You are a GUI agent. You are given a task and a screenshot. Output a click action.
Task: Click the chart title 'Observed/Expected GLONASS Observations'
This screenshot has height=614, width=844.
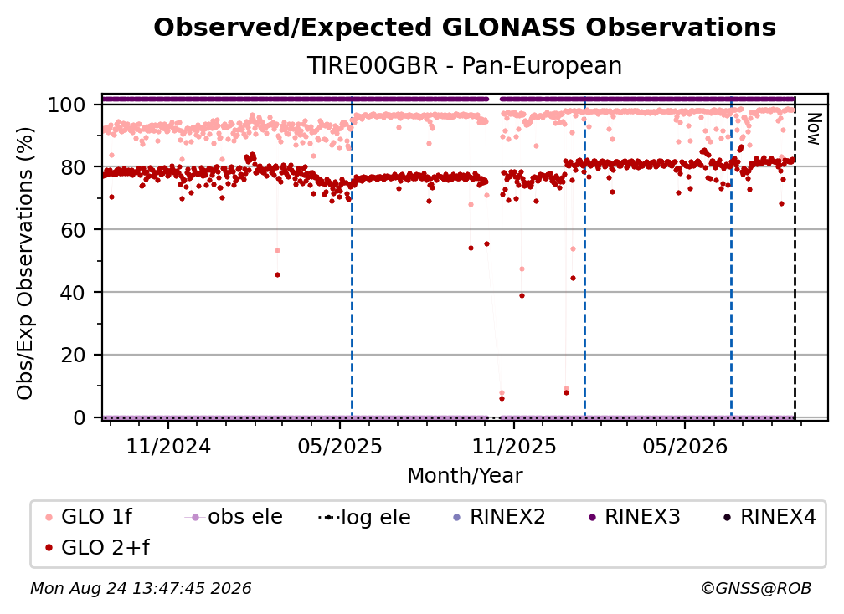coord(465,28)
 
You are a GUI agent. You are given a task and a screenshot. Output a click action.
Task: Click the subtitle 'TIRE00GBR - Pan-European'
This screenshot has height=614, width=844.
coord(465,65)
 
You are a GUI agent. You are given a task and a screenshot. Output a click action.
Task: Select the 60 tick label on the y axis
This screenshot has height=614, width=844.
coord(73,230)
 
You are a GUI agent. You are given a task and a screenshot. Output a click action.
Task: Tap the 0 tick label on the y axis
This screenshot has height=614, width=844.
coord(80,417)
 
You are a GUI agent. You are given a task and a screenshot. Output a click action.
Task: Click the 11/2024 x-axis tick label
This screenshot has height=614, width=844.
coord(168,447)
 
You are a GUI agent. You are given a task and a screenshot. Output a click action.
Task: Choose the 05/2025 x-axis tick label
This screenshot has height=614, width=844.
coord(340,447)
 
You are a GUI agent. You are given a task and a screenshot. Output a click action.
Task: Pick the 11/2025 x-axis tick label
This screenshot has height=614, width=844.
coord(514,447)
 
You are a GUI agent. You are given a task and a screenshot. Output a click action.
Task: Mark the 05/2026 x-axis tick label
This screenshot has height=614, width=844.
coord(685,447)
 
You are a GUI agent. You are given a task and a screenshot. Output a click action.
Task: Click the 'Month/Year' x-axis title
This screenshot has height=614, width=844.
coord(465,476)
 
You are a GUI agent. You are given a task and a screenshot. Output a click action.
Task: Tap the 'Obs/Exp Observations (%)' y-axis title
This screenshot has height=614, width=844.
coord(25,264)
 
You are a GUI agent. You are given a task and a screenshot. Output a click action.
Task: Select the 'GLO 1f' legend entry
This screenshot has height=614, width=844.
coord(88,517)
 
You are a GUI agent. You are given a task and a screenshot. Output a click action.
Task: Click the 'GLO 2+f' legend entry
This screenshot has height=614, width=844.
coord(97,548)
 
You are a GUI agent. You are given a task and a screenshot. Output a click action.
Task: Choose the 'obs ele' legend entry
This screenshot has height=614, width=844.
coord(234,517)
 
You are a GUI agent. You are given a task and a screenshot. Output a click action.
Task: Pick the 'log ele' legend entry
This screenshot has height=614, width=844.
coord(364,518)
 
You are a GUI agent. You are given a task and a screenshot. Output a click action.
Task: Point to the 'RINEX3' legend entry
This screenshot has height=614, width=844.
coord(635,517)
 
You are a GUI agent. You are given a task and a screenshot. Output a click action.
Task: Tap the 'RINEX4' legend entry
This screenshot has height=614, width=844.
coord(769,517)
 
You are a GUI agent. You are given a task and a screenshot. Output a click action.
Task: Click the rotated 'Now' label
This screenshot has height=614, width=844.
coord(813,129)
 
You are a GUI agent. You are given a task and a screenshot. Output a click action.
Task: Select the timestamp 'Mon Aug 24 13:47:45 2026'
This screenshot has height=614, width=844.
coord(141,589)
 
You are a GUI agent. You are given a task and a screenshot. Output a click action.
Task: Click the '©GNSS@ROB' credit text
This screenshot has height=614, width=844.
coord(756,589)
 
